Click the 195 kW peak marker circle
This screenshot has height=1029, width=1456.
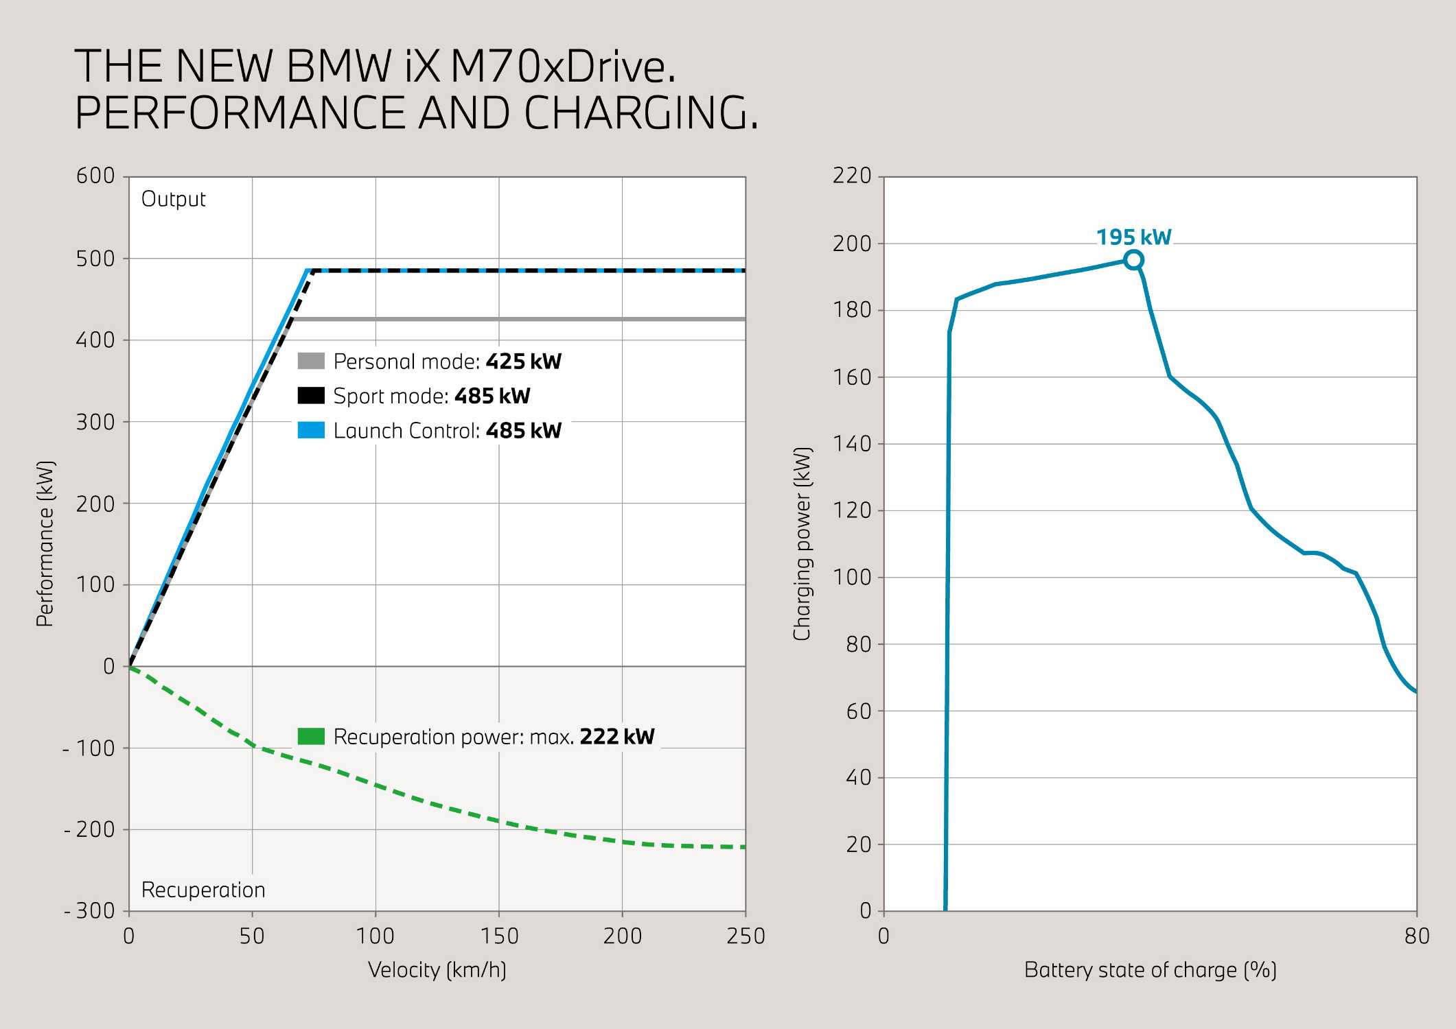(x=1133, y=260)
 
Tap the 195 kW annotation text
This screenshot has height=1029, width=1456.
(x=1133, y=237)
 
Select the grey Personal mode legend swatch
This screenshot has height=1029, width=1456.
(x=311, y=361)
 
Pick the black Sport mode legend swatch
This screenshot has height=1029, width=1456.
(x=311, y=396)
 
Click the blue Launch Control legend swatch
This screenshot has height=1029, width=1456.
(x=311, y=431)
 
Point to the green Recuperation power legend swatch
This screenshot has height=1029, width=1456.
(x=311, y=737)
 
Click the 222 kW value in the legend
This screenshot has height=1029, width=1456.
(x=616, y=737)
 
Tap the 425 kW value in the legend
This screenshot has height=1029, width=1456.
(x=523, y=362)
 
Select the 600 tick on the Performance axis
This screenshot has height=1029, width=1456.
(x=95, y=176)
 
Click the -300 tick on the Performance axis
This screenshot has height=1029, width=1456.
(x=90, y=911)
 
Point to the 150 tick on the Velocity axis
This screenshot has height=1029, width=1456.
(x=499, y=936)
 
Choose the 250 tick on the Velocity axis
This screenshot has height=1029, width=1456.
(x=746, y=936)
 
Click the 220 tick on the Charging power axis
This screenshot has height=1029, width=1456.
(x=852, y=176)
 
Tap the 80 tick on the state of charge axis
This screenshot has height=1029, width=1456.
(x=1417, y=936)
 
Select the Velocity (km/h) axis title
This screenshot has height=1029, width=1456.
(x=437, y=970)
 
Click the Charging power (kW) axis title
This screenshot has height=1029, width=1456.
(x=802, y=544)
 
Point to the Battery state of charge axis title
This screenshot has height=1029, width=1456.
(x=1150, y=970)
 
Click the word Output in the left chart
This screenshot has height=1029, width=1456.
(x=173, y=199)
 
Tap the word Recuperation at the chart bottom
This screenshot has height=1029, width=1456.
(x=203, y=890)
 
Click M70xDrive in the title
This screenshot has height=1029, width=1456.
(x=562, y=67)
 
